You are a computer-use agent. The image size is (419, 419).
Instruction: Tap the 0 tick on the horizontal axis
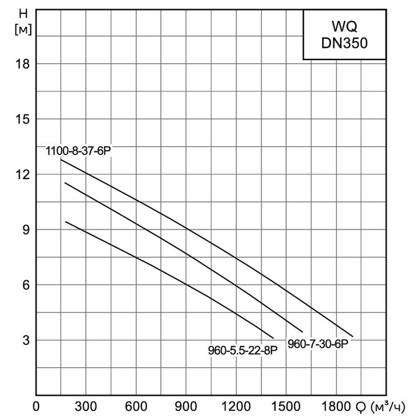(x=36, y=407)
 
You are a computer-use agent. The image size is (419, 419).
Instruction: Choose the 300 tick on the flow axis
(x=85, y=407)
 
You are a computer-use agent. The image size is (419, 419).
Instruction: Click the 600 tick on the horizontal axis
(x=136, y=407)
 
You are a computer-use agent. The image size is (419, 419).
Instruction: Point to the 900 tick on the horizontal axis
(x=185, y=407)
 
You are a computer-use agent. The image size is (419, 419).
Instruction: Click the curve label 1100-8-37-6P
(x=79, y=151)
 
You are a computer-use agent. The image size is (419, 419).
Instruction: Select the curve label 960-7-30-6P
(x=318, y=344)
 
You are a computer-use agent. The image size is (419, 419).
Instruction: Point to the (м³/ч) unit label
(x=388, y=407)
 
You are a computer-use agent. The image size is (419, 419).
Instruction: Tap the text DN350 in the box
(x=345, y=44)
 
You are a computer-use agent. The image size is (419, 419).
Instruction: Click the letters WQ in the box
(x=345, y=26)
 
